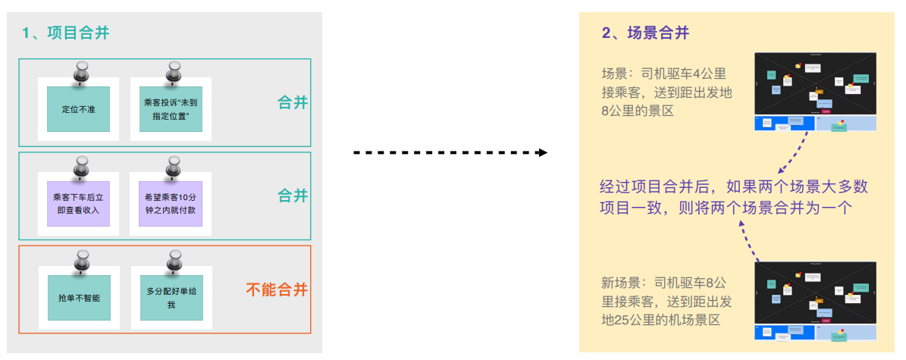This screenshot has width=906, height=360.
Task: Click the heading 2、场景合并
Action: (645, 33)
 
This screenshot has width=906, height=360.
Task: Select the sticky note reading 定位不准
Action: (78, 108)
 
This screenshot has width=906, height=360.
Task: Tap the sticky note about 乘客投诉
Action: (170, 108)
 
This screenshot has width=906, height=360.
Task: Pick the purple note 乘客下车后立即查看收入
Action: (78, 204)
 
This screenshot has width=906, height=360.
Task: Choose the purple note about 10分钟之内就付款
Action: (170, 204)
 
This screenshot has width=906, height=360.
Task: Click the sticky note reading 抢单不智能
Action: (78, 298)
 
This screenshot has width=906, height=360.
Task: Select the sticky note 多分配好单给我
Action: (170, 298)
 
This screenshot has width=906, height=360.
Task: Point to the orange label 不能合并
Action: (277, 290)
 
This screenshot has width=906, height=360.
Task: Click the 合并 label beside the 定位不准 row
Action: (293, 102)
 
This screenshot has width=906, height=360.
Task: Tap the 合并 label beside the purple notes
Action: (293, 196)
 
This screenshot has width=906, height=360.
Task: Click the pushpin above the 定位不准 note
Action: (81, 73)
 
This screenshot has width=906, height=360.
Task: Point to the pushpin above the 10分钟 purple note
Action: (174, 167)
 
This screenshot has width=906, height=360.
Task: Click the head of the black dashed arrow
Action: (542, 152)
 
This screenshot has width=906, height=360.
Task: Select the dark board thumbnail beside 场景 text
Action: (815, 92)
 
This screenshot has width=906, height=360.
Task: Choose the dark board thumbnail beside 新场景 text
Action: (815, 301)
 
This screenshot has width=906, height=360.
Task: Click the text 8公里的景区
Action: (638, 111)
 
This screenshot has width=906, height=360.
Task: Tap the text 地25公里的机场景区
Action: (660, 321)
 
